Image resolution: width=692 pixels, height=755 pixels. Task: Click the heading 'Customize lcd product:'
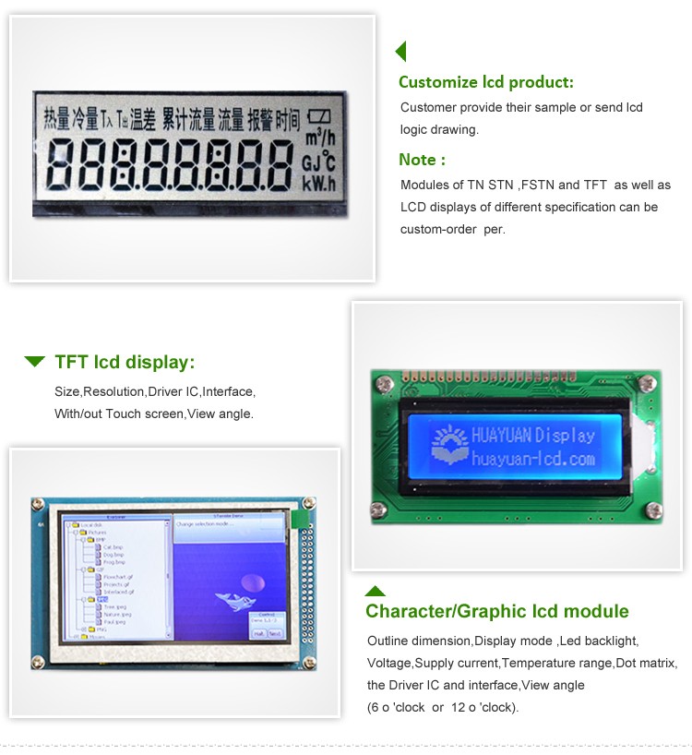click(x=485, y=81)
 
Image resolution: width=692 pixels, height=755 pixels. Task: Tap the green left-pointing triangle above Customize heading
click(x=400, y=51)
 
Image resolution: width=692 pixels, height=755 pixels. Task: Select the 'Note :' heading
click(x=422, y=159)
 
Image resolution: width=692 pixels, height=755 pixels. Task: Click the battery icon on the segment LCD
click(x=319, y=117)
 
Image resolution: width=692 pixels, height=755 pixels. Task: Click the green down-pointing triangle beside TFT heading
click(x=35, y=361)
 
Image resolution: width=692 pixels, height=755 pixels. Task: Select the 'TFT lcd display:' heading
click(x=125, y=362)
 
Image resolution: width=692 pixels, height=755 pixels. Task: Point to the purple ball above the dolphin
click(x=249, y=581)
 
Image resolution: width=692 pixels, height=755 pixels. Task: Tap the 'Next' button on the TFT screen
click(x=274, y=633)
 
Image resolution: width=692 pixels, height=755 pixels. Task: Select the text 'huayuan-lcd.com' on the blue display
click(x=532, y=457)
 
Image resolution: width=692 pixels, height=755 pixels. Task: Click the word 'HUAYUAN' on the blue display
click(x=502, y=435)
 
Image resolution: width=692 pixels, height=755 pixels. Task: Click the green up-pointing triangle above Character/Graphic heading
click(x=375, y=591)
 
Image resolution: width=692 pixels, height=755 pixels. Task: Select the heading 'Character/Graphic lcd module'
click(x=497, y=611)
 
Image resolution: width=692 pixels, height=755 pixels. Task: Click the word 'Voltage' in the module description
click(x=389, y=663)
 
